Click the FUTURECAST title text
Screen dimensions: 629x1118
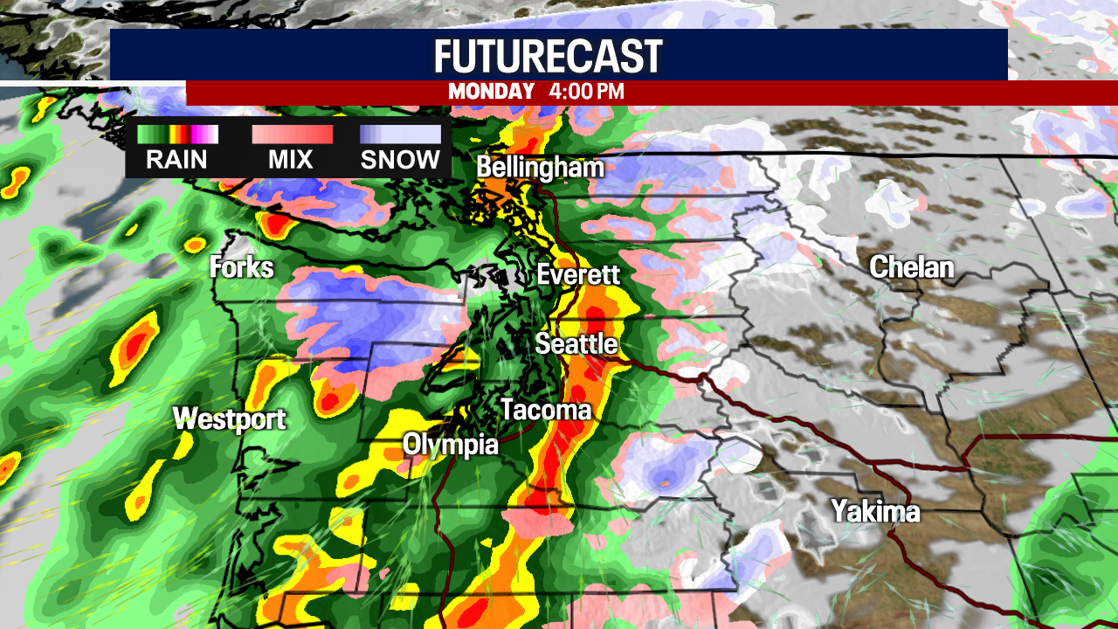549,57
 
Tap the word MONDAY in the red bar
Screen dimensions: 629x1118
491,92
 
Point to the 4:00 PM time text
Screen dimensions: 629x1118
587,92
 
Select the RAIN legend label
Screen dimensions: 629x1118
176,160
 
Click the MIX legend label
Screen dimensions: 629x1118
292,160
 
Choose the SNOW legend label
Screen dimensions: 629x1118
400,160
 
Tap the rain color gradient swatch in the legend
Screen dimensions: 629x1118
177,135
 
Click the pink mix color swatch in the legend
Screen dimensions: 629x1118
292,135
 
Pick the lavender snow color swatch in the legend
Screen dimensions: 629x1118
400,135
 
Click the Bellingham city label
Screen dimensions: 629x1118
540,168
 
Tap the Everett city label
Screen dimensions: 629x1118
578,274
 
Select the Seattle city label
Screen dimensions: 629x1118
576,343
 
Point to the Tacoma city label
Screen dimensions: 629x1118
545,410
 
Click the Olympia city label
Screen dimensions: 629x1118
450,445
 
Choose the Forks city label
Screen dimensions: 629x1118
241,267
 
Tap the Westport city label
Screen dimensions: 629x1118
229,419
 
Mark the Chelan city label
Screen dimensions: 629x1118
911,267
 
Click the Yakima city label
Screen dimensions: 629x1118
875,510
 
